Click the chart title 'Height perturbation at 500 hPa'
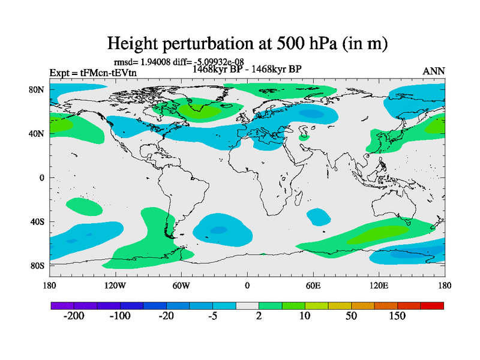pyautogui.click(x=247, y=43)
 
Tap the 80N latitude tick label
pyautogui.click(x=37, y=89)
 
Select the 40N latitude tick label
pyautogui.click(x=37, y=133)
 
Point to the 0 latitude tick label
pyautogui.click(x=42, y=178)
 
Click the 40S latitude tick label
pyautogui.click(x=37, y=221)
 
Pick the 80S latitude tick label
pyautogui.click(x=37, y=265)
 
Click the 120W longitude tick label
pyautogui.click(x=115, y=286)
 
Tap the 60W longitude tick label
pyautogui.click(x=181, y=286)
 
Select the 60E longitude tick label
pyautogui.click(x=313, y=286)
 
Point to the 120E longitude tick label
pyautogui.click(x=379, y=286)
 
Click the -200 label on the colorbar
pyautogui.click(x=74, y=316)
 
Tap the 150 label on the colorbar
pyautogui.click(x=397, y=316)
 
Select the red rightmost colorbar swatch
pyautogui.click(x=432, y=306)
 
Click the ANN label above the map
pyautogui.click(x=434, y=71)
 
